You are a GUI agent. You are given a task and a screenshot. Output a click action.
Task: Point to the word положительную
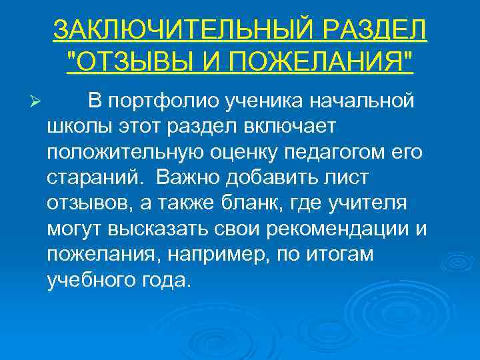(117, 151)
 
